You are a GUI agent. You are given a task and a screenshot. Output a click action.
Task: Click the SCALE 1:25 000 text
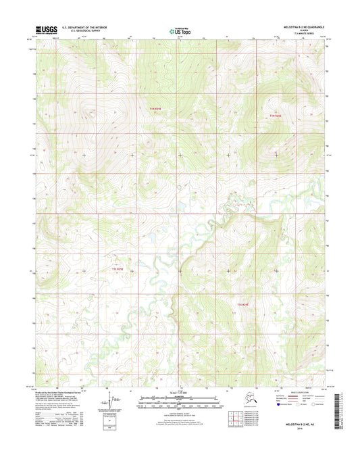[x=179, y=393]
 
